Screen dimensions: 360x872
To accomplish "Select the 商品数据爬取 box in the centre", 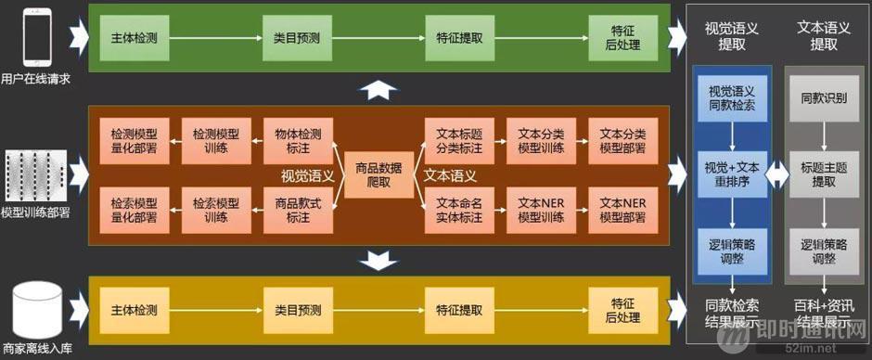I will (378, 174).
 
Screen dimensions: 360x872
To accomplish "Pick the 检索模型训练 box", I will (215, 210).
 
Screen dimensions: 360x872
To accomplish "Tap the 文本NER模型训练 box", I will (540, 210).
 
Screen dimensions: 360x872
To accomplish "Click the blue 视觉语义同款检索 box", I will (731, 97).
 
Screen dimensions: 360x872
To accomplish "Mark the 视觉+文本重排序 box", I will (731, 174).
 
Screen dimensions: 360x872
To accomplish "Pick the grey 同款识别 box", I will (822, 97).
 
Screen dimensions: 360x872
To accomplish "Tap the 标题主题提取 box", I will (822, 174).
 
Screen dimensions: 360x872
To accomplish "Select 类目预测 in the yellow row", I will (296, 310).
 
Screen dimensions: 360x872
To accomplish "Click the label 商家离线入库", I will (37, 351).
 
